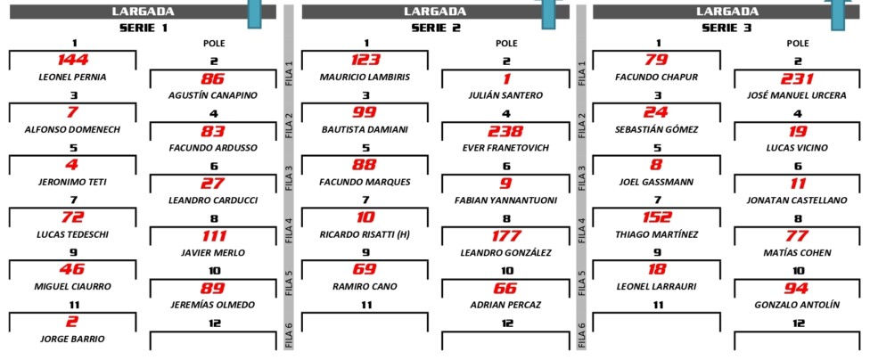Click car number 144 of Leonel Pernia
tap(73, 60)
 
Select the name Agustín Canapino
tap(213, 95)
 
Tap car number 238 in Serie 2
tap(505, 132)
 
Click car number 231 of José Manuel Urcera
tap(797, 78)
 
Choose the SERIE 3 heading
tap(726, 28)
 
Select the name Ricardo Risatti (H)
tap(365, 234)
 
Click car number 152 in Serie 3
tap(657, 217)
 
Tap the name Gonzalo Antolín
tap(797, 305)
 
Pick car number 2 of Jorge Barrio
tap(73, 323)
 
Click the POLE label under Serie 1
tap(214, 44)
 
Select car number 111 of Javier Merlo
tap(214, 236)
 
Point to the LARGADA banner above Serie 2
tap(435, 11)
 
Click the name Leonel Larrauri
tap(657, 287)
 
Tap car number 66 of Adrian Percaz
tap(505, 289)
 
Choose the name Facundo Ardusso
tap(213, 148)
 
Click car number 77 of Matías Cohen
tap(797, 236)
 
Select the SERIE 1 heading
tap(144, 28)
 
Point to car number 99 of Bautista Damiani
tap(365, 112)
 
